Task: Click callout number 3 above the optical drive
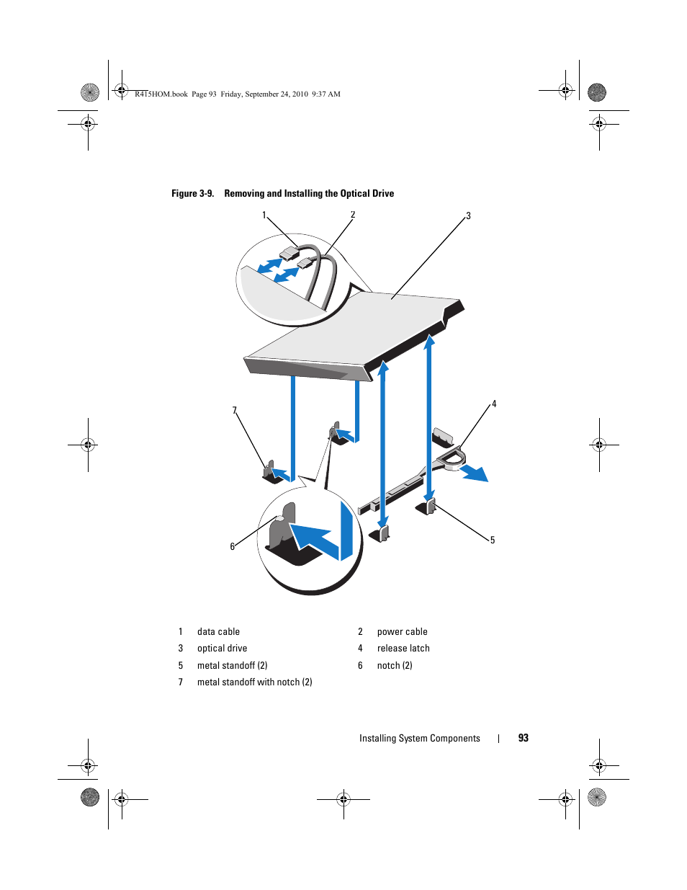[x=468, y=216]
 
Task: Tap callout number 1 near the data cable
[x=264, y=215]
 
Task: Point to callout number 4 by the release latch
[x=494, y=404]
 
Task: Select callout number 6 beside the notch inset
[x=233, y=547]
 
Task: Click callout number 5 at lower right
[x=493, y=540]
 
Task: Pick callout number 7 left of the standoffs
[x=234, y=411]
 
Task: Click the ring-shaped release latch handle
[x=452, y=459]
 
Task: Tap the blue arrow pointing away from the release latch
[x=475, y=473]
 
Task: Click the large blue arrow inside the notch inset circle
[x=315, y=538]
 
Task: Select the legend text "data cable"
[x=218, y=632]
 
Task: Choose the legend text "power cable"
[x=402, y=632]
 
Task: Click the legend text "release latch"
[x=403, y=649]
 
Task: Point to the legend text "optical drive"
[x=222, y=649]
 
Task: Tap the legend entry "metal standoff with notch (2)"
[x=254, y=682]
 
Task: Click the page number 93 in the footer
[x=524, y=738]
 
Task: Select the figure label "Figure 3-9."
[x=192, y=194]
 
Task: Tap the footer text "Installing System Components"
[x=419, y=739]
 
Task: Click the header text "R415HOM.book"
[x=161, y=94]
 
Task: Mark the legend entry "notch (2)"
[x=395, y=666]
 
